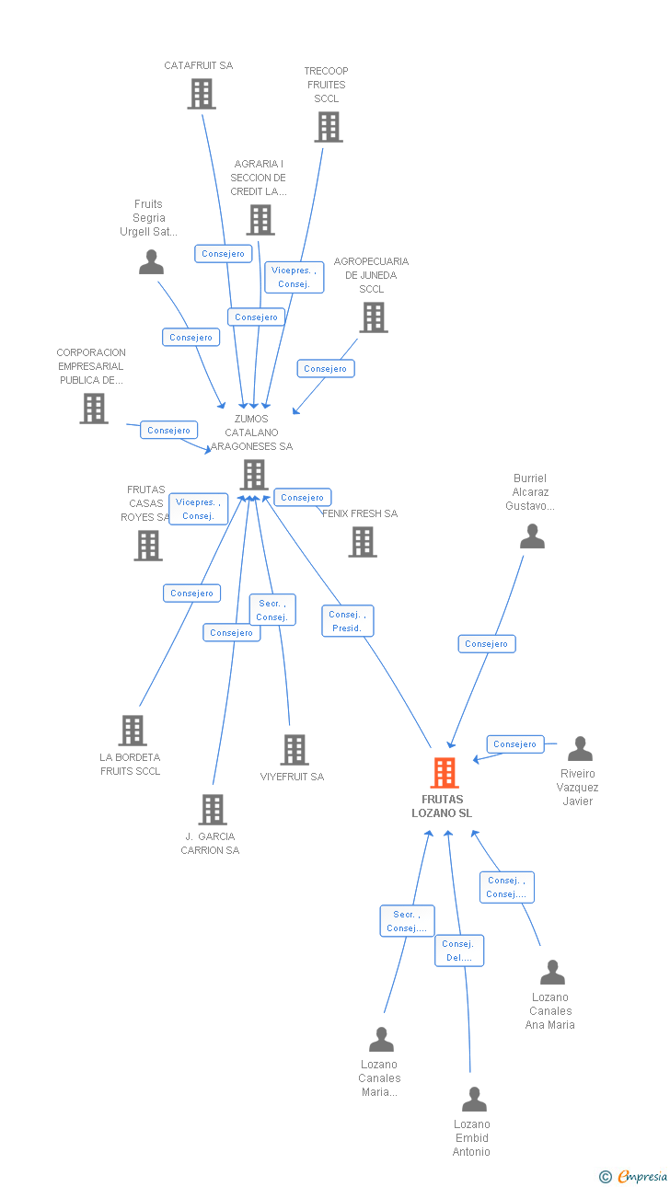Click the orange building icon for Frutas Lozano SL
point(445,773)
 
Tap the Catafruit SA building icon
point(201,94)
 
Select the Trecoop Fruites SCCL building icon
point(328,127)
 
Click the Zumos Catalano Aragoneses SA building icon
point(253,475)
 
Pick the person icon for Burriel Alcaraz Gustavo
point(532,536)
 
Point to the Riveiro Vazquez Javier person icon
point(580,749)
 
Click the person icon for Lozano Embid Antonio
point(474,1100)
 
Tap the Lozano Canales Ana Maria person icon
point(552,973)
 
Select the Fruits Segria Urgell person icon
point(151,262)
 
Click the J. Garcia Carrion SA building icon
point(213,810)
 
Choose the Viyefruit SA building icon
point(294,750)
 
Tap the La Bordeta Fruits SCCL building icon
point(133,731)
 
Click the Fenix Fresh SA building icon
point(363,542)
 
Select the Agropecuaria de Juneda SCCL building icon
point(373,317)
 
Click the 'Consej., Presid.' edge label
point(348,621)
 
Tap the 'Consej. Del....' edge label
point(458,951)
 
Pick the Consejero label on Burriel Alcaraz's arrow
point(487,644)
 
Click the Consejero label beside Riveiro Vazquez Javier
point(514,744)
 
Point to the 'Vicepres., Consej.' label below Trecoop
point(295,277)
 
